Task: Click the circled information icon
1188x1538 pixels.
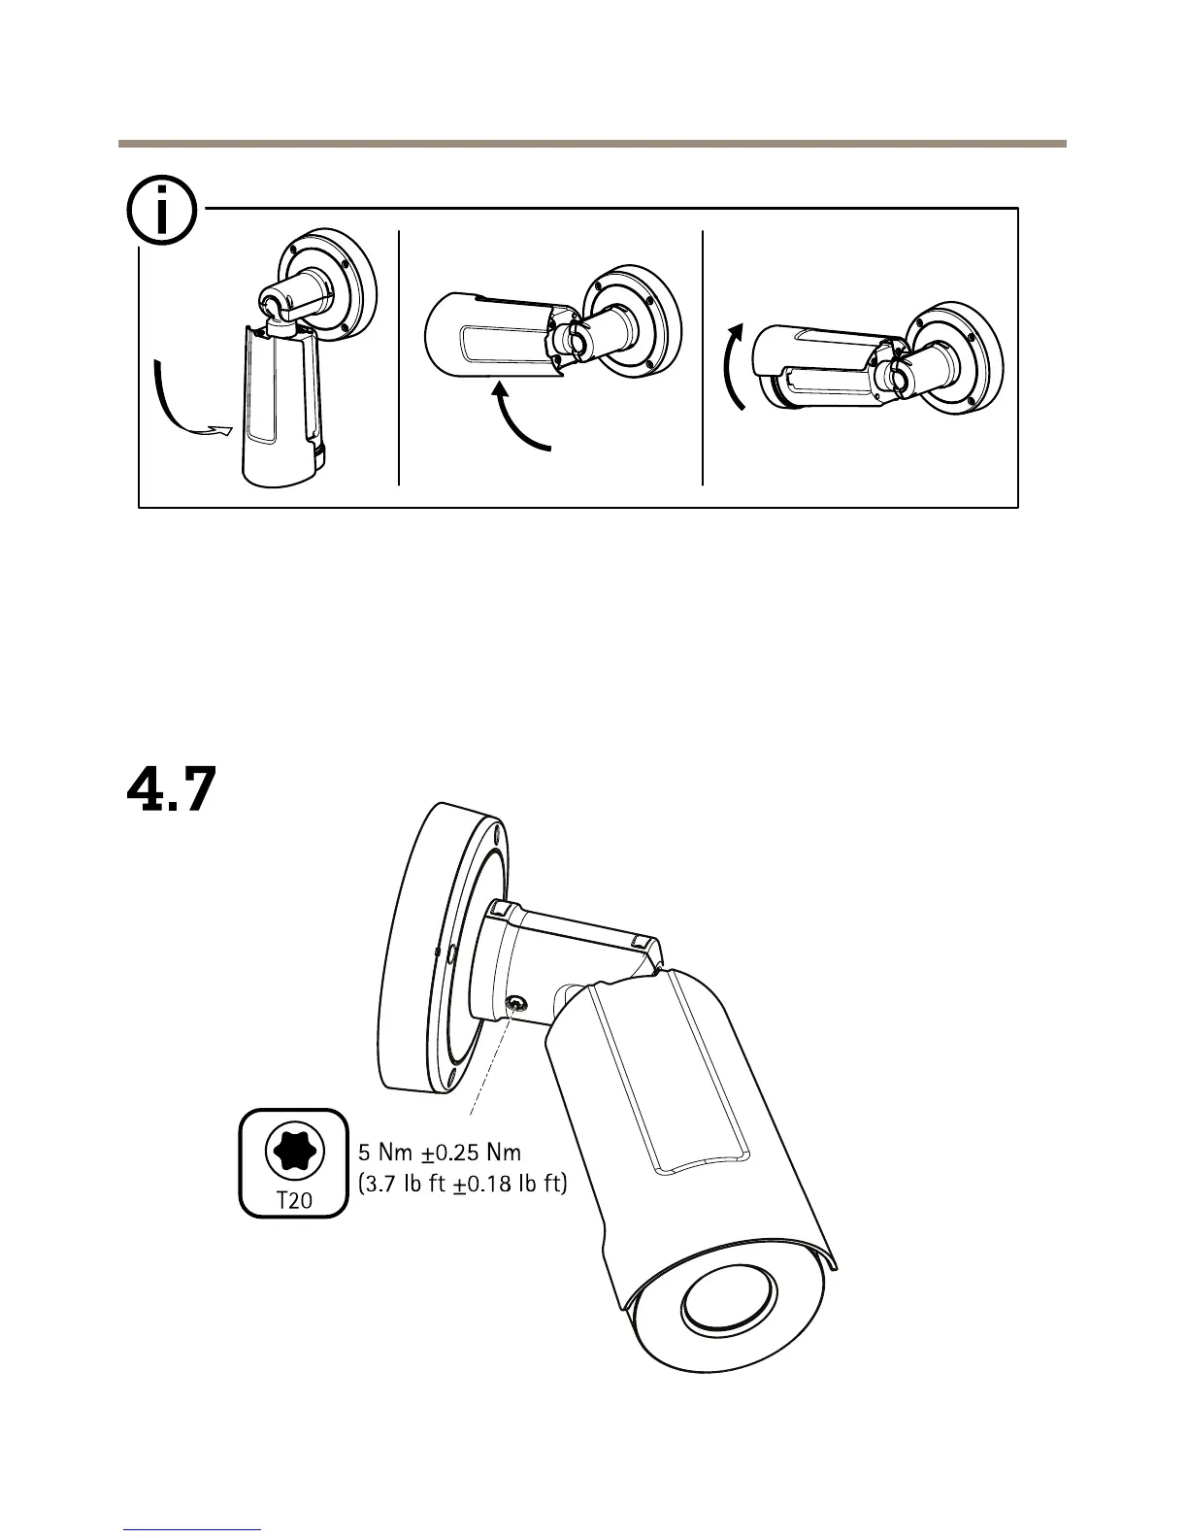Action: tap(161, 211)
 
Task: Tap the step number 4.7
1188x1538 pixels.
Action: tap(171, 789)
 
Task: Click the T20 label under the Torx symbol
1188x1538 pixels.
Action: tap(294, 1199)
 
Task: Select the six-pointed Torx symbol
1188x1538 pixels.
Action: tap(293, 1151)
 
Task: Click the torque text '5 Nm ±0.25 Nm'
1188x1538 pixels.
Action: tap(441, 1153)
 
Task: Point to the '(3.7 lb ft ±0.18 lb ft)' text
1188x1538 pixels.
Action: tap(462, 1185)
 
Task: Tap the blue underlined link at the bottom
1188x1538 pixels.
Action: tap(193, 1528)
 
